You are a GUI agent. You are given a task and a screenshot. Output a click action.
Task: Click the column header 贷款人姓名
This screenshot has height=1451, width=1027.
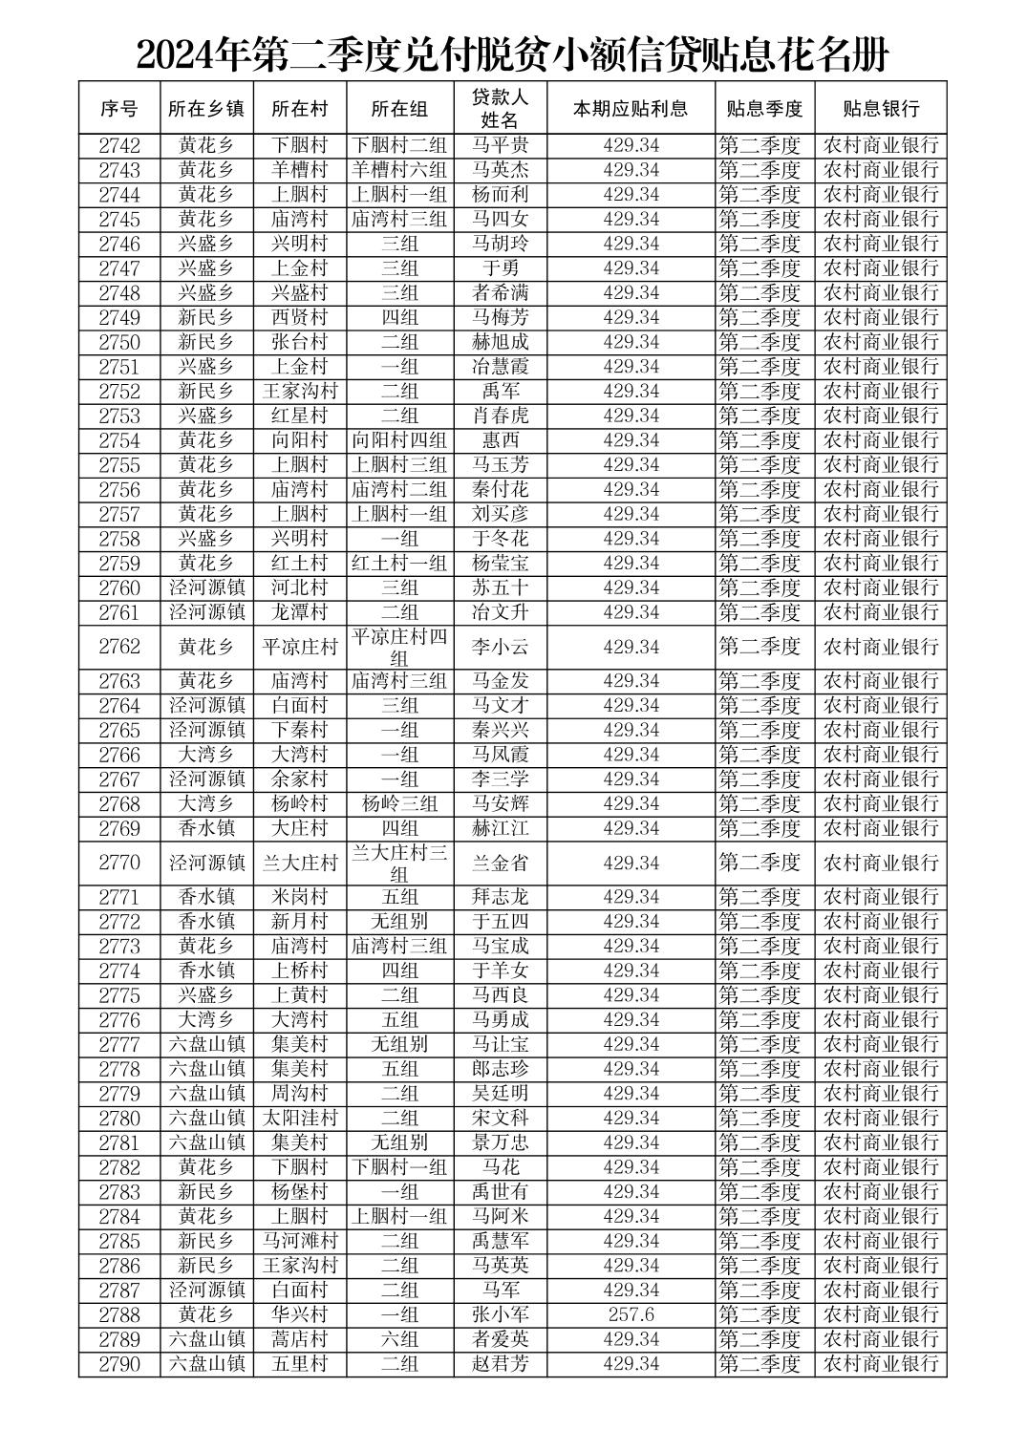(500, 108)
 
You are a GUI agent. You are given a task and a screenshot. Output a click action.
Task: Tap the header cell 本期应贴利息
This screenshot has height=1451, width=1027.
(631, 108)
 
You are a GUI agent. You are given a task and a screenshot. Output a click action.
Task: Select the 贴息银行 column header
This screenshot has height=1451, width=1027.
(880, 108)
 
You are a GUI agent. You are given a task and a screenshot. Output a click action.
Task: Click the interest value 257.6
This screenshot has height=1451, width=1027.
(631, 1314)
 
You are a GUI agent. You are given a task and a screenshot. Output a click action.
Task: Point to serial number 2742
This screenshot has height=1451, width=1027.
(119, 145)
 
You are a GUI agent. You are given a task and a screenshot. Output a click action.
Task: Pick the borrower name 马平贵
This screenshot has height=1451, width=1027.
(500, 145)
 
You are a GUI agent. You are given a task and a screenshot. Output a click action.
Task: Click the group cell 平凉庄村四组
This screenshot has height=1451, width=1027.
(399, 647)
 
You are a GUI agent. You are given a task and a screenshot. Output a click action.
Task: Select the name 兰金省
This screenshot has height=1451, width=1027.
(500, 863)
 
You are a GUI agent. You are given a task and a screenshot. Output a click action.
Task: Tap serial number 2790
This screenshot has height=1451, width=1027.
(119, 1364)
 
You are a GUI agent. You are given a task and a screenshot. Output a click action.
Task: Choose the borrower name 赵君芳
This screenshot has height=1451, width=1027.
(500, 1364)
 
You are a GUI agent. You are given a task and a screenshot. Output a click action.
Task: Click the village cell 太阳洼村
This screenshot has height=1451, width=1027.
(300, 1118)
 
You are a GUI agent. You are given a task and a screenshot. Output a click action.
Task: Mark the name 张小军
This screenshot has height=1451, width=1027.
(500, 1314)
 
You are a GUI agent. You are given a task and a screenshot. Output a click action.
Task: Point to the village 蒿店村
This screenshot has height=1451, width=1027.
(300, 1339)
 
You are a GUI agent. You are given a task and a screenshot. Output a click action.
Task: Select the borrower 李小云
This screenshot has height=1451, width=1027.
(500, 647)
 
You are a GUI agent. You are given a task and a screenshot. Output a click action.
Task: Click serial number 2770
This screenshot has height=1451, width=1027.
(119, 863)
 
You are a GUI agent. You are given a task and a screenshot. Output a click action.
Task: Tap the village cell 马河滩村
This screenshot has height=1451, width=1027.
(300, 1241)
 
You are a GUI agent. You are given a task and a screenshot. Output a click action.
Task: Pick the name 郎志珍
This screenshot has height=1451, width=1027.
(500, 1069)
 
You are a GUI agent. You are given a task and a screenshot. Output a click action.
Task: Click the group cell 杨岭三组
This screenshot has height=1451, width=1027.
(399, 803)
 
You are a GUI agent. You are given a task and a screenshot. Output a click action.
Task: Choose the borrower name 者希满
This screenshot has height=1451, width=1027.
(500, 292)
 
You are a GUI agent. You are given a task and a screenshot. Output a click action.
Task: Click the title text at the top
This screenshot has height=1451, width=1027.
(512, 55)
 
